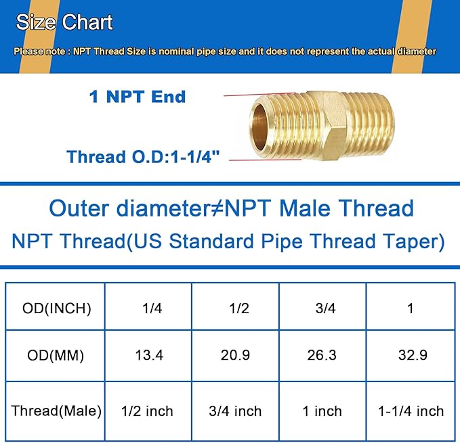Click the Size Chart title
[64, 22]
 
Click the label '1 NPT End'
[137, 97]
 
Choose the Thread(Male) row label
[56, 411]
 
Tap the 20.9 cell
[234, 355]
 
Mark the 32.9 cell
[411, 355]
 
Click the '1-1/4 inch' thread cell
[411, 411]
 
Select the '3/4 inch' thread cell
[234, 411]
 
